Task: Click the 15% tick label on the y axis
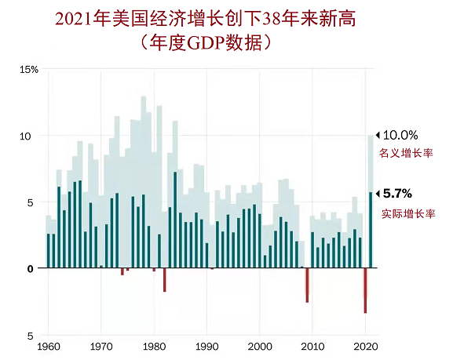(28, 69)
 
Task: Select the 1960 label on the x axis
(48, 345)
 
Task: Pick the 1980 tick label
(154, 345)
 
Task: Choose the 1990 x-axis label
(206, 345)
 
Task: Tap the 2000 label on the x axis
(260, 345)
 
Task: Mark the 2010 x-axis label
(312, 345)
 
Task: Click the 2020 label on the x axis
(365, 345)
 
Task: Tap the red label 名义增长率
(406, 154)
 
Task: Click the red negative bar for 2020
(366, 290)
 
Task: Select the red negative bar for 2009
(308, 285)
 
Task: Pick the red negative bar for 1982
(165, 279)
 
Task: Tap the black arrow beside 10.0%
(377, 135)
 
